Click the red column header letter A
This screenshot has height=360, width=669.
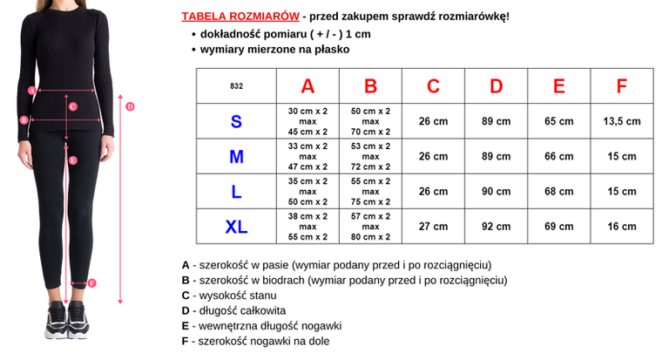307,86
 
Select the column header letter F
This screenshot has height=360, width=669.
621,86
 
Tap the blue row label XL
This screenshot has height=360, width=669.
236,227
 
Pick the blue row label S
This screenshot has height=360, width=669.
236,121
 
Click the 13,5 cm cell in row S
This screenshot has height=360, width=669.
621,121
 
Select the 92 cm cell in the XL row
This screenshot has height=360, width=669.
496,226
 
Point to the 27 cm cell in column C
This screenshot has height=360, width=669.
433,226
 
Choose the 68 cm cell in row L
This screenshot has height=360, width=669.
558,191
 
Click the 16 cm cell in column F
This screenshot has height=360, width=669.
621,226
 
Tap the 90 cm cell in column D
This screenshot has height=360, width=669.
496,191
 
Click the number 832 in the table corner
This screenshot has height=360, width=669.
236,86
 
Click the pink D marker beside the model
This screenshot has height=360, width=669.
130,106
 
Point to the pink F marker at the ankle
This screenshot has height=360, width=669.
91,282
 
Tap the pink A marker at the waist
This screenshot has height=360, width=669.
32,89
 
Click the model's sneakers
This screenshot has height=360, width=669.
67,329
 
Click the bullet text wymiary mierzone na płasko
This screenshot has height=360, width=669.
274,50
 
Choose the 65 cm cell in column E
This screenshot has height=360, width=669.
558,121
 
